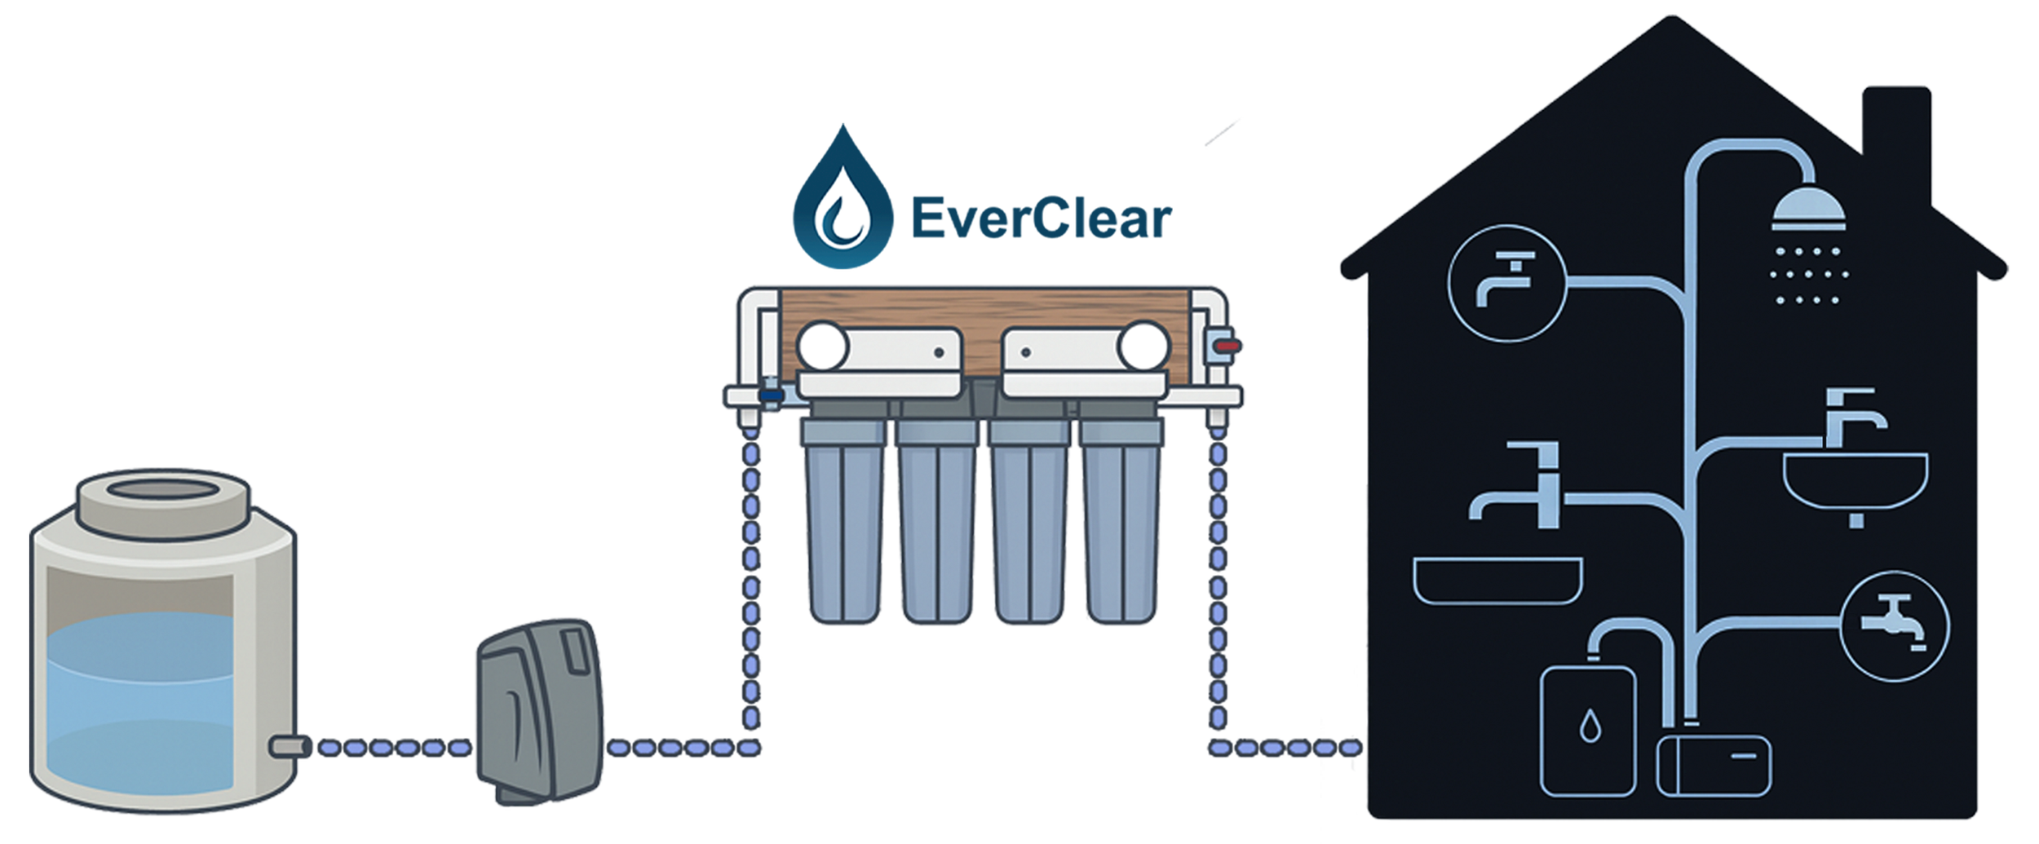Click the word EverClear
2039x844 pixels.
point(1040,220)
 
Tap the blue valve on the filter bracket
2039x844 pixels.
point(767,395)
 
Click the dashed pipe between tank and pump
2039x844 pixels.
point(391,746)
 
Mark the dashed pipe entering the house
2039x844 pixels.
point(1289,746)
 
